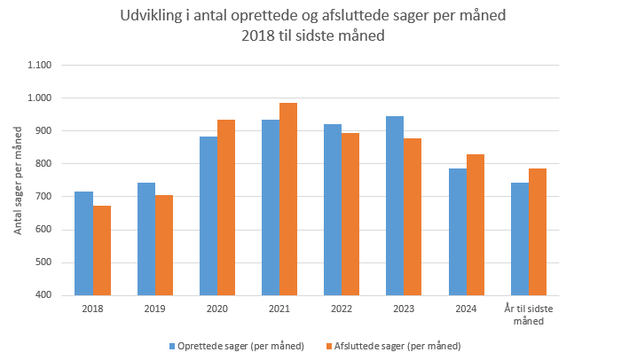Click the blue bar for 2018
83,243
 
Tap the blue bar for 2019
145,239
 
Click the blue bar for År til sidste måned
519,239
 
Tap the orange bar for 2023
413,216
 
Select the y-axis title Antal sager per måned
17,180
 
